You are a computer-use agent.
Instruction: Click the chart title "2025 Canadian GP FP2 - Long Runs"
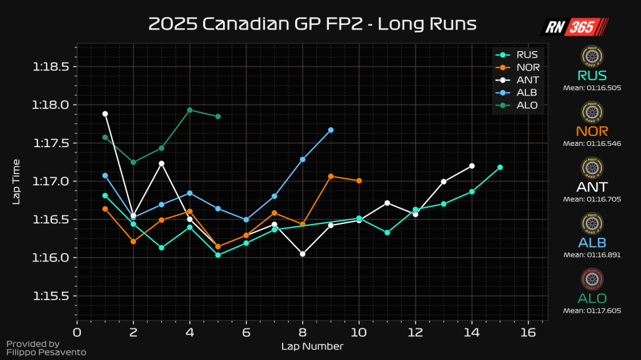point(312,24)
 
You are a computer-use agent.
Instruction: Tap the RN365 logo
point(574,26)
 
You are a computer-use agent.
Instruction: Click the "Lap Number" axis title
point(312,346)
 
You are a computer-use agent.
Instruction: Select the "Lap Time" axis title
point(16,181)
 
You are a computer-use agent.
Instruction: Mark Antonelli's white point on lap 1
point(105,114)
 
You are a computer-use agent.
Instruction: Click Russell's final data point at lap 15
point(500,168)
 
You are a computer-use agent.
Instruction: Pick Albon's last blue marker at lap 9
point(331,130)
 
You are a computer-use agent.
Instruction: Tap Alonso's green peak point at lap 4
point(190,110)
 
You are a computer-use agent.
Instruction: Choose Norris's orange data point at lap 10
point(359,181)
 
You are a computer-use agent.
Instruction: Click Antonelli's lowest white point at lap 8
point(302,254)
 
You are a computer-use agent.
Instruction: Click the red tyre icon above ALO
point(592,279)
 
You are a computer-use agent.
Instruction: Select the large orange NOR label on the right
point(592,131)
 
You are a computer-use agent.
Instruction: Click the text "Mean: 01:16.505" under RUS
point(592,87)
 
